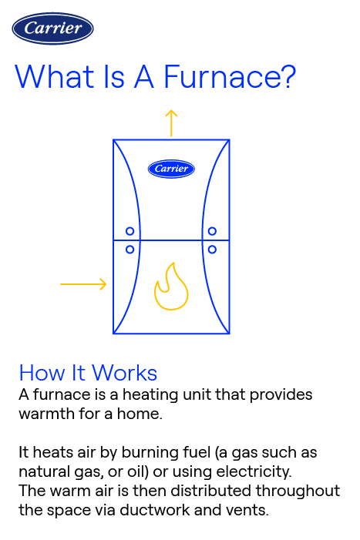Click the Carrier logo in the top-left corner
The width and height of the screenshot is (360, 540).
(x=52, y=29)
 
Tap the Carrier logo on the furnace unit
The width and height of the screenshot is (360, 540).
(x=171, y=168)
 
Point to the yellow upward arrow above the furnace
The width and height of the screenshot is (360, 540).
(x=171, y=122)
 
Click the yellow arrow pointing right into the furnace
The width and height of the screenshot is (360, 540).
(x=83, y=285)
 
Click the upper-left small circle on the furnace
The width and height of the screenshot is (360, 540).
(x=130, y=231)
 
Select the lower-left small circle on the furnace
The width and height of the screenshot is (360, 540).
(x=130, y=249)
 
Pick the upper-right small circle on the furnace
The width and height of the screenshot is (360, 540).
(x=212, y=231)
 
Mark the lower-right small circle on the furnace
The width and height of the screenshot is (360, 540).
(x=212, y=249)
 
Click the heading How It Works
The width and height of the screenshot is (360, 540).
(x=88, y=374)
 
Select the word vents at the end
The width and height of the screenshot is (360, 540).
(x=248, y=509)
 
